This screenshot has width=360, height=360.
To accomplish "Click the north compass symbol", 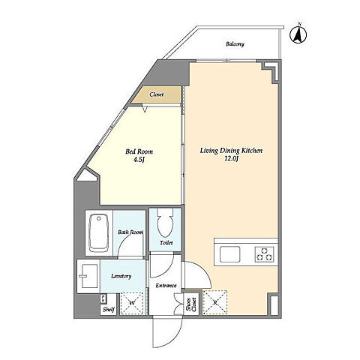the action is click(x=298, y=34).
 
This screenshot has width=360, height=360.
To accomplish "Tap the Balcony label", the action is click(x=235, y=44).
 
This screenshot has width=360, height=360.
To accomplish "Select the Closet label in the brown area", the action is click(x=157, y=94).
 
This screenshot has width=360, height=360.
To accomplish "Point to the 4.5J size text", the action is click(x=139, y=160).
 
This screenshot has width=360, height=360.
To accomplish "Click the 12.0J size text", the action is click(x=231, y=159).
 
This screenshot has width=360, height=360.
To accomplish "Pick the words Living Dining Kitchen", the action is click(x=231, y=151).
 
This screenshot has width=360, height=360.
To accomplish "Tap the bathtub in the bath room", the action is click(x=99, y=233).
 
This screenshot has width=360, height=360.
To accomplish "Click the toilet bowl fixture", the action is click(x=165, y=223).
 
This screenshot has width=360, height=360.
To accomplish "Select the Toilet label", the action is click(x=166, y=242).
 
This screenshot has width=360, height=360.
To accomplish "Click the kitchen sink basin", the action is click(x=229, y=254).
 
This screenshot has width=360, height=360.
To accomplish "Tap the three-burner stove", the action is click(x=265, y=254).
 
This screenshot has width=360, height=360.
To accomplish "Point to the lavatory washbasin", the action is click(x=89, y=276).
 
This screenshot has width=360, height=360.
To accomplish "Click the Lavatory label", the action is click(x=121, y=276).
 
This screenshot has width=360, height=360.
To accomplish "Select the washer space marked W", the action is click(x=132, y=303).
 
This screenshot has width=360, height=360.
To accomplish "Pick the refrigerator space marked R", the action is click(x=214, y=302).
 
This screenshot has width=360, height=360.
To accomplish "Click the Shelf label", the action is click(x=109, y=310).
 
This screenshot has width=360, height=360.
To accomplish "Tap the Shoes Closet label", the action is click(x=191, y=304).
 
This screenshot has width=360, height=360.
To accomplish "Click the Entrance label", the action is click(x=166, y=286).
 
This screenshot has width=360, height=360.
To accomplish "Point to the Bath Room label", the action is click(x=130, y=232).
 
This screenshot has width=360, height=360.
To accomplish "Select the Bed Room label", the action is click(x=139, y=151).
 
